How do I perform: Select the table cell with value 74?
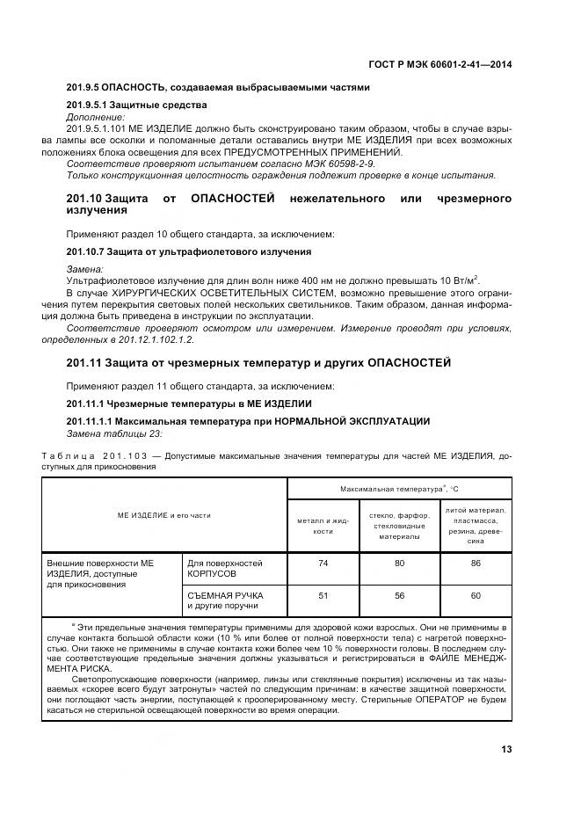click(323, 564)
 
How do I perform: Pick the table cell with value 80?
click(399, 564)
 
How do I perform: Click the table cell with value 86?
click(475, 564)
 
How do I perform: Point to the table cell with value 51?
click(323, 595)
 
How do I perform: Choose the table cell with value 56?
click(399, 595)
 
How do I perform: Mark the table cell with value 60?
click(475, 595)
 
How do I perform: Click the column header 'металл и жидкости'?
click(323, 526)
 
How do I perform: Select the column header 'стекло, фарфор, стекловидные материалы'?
click(399, 526)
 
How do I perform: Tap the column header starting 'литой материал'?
click(476, 526)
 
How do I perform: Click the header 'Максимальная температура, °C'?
click(399, 488)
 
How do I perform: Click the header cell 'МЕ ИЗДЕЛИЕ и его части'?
click(164, 514)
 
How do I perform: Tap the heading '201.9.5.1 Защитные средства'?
click(136, 105)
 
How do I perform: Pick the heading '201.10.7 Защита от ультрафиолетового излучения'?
click(188, 251)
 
